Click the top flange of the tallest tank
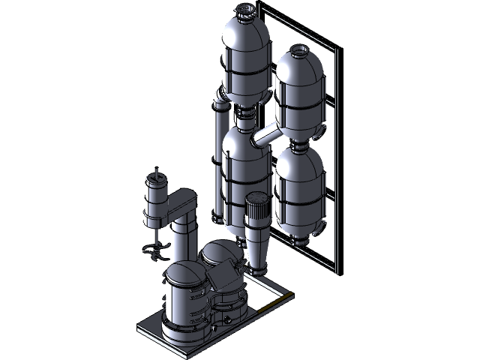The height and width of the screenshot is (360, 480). (x=245, y=10)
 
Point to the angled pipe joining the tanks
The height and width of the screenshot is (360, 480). (x=266, y=136)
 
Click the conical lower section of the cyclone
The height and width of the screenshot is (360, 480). (x=256, y=251)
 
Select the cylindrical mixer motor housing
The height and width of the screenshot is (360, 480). (x=155, y=202)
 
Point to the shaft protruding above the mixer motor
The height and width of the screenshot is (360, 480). (x=156, y=172)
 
